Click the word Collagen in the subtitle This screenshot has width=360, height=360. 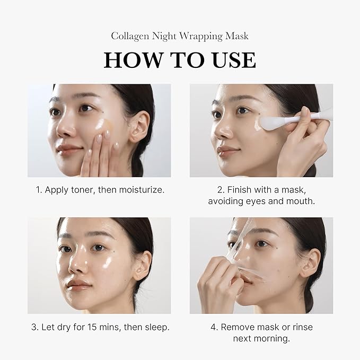129,36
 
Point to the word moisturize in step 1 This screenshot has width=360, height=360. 139,189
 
